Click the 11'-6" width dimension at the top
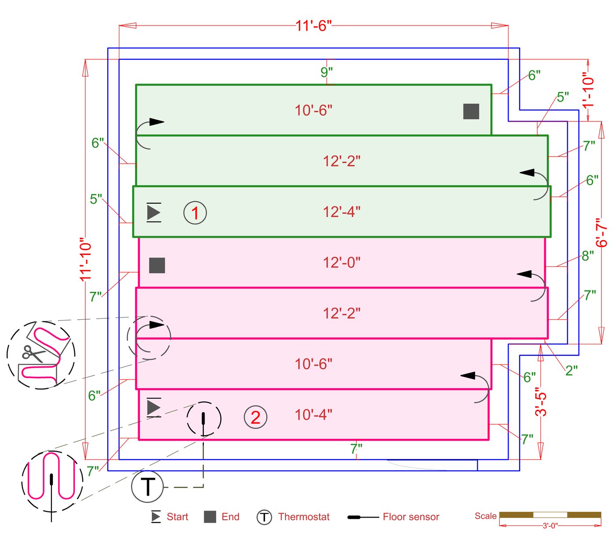[x=313, y=26]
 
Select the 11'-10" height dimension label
[x=85, y=259]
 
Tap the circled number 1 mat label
[x=195, y=213]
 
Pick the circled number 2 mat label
[x=255, y=417]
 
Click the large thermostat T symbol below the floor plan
[x=147, y=487]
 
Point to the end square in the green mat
[x=471, y=111]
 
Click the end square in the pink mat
[x=157, y=266]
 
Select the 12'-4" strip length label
[x=341, y=212]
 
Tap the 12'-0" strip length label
[x=341, y=263]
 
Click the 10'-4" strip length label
[x=313, y=415]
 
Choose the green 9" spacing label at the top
[x=326, y=72]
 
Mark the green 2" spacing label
[x=571, y=371]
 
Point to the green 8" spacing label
[x=588, y=255]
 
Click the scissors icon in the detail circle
[x=33, y=353]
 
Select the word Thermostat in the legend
[x=304, y=517]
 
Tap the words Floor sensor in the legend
[x=411, y=517]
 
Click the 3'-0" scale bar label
[x=550, y=525]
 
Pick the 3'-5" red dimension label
[x=541, y=401]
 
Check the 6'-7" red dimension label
[x=601, y=233]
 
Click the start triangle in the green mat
[x=154, y=212]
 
